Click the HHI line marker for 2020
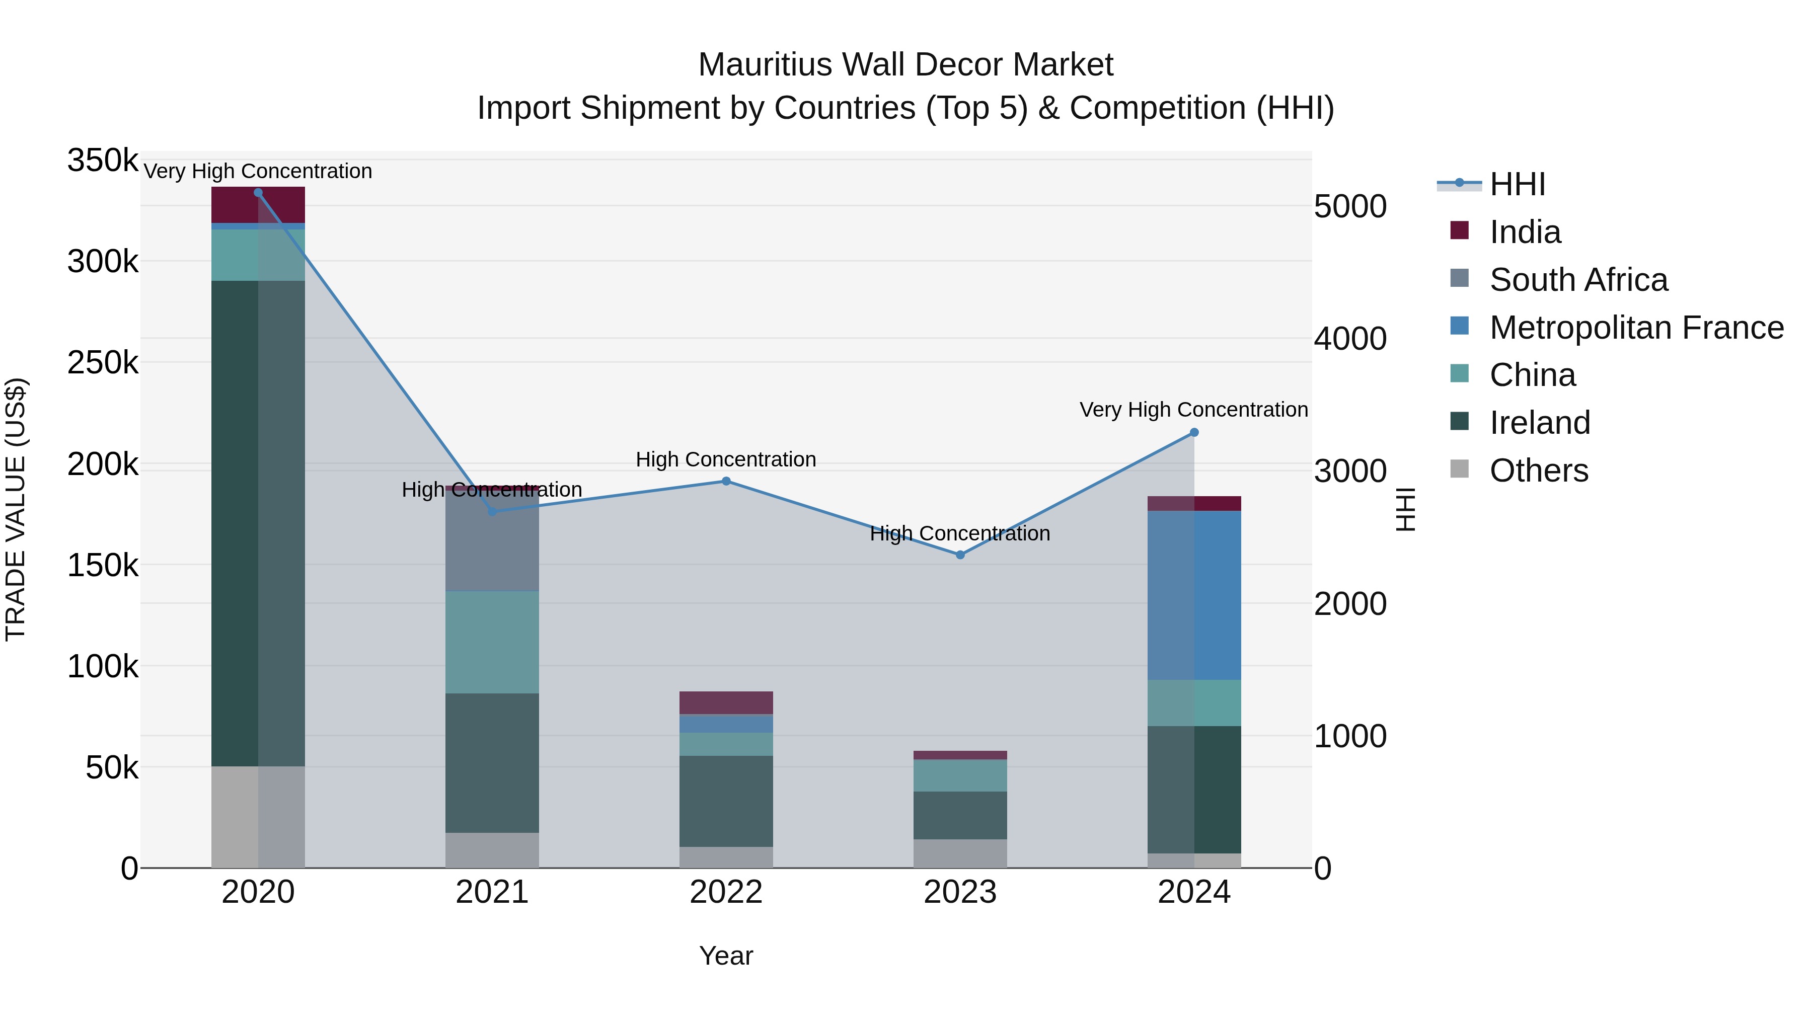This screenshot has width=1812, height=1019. click(x=258, y=193)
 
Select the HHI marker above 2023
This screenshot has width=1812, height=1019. click(x=960, y=555)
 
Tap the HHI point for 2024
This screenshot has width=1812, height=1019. click(x=1194, y=432)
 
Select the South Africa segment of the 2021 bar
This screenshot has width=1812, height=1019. click(x=492, y=541)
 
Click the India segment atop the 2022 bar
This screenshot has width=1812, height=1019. click(x=726, y=702)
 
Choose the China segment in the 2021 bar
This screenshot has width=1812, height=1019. click(x=492, y=642)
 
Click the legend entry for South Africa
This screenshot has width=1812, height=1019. click(x=1578, y=280)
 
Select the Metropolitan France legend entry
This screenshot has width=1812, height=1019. click(x=1636, y=328)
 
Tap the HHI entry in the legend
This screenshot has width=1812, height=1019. click(x=1517, y=184)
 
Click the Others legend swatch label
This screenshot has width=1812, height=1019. click(x=1538, y=471)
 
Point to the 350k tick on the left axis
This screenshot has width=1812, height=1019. click(x=103, y=161)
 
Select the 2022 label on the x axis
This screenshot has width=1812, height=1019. click(x=726, y=892)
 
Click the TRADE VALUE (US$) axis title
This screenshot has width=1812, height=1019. click(x=16, y=509)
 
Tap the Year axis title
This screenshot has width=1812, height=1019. click(x=726, y=956)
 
